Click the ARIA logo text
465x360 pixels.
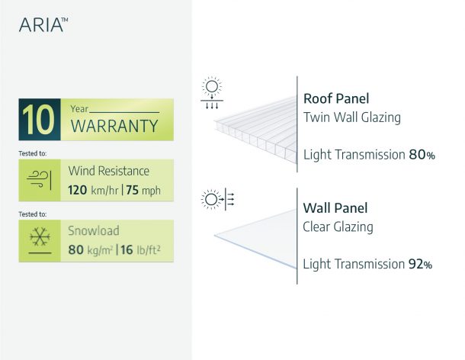point(43,24)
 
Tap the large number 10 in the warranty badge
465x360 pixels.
point(38,120)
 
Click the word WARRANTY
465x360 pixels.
point(114,126)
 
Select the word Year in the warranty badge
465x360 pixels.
point(79,109)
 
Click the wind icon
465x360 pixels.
point(39,180)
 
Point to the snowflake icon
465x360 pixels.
point(40,236)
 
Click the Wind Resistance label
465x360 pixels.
point(108,171)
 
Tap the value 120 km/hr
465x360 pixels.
point(93,190)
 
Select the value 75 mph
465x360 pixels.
point(143,190)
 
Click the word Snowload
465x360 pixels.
point(94,230)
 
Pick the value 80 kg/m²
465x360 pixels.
point(91,250)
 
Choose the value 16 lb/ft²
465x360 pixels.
point(140,250)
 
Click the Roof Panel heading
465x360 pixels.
point(336,98)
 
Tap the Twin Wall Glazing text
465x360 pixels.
point(352,117)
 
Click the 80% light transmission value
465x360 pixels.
point(422,155)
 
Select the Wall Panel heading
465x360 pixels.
point(335,207)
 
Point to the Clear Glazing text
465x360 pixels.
point(338,227)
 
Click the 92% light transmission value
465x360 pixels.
point(420,264)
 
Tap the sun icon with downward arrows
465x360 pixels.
point(212,93)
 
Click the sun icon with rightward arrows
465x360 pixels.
point(218,199)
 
